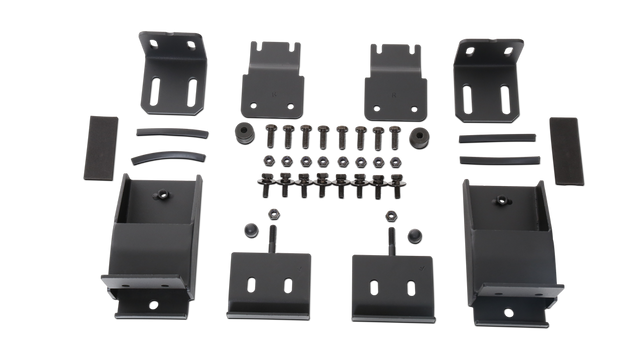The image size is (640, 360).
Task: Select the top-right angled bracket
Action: coord(487,78)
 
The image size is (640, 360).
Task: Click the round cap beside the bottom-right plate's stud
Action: coord(410,235)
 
